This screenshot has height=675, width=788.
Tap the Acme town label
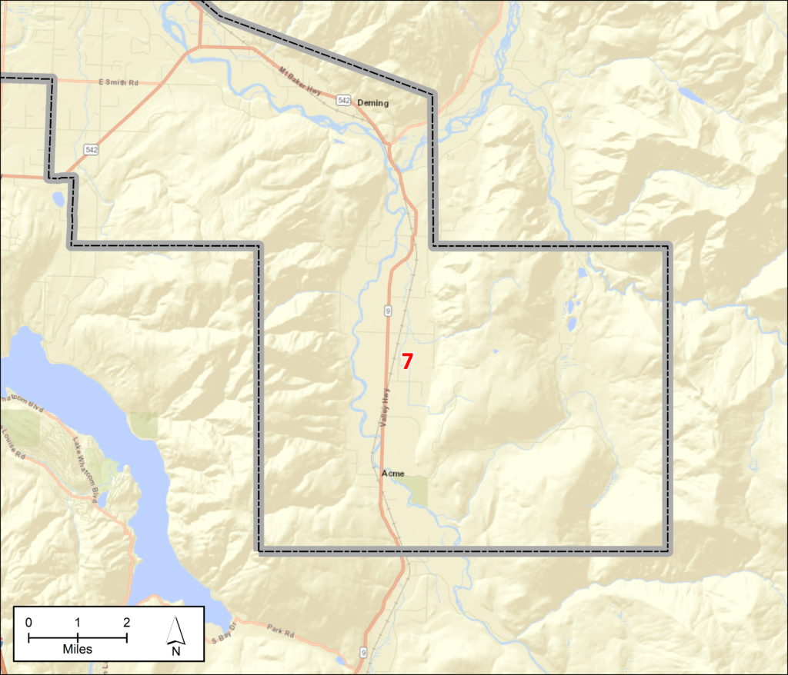(x=392, y=474)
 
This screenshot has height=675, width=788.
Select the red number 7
(x=407, y=361)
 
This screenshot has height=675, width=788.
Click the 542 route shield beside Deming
(x=344, y=101)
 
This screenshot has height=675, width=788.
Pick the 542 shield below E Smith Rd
(x=92, y=148)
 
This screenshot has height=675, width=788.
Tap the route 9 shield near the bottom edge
(x=362, y=653)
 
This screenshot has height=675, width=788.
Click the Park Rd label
(x=283, y=635)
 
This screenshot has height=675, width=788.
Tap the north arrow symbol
(x=176, y=631)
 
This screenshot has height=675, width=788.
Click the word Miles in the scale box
(x=77, y=649)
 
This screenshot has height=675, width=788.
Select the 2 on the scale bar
(x=126, y=622)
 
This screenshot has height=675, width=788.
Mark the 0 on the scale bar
(x=28, y=622)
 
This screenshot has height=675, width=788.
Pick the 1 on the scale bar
(x=78, y=622)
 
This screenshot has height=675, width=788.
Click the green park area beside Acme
(x=416, y=490)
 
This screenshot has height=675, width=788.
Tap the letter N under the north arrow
(x=176, y=651)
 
